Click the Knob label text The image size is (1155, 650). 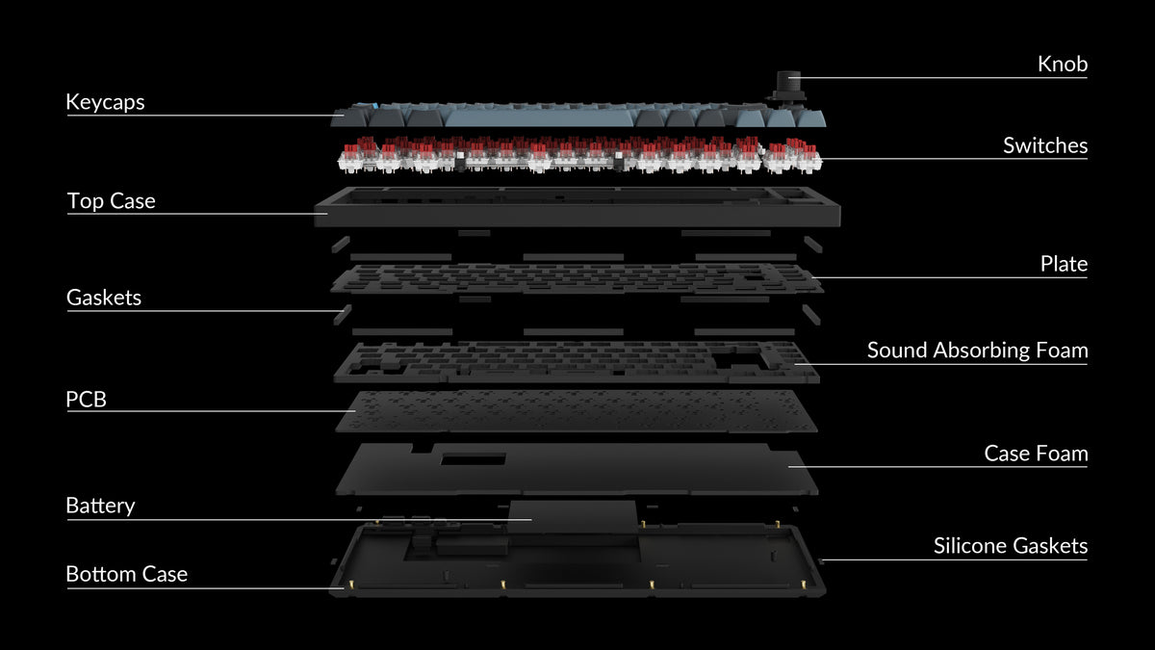pyautogui.click(x=1063, y=64)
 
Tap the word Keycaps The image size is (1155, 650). pyautogui.click(x=105, y=102)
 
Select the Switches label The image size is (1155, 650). pyautogui.click(x=1045, y=145)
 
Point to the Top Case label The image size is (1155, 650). pyautogui.click(x=112, y=200)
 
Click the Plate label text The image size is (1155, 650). pyautogui.click(x=1064, y=264)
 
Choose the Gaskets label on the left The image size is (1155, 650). pyautogui.click(x=104, y=298)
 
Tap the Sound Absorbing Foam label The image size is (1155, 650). pyautogui.click(x=978, y=351)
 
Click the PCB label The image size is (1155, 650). pyautogui.click(x=86, y=400)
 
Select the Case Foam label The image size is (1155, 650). pyautogui.click(x=1036, y=454)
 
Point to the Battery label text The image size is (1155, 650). pyautogui.click(x=100, y=506)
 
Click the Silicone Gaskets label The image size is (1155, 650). pyautogui.click(x=1011, y=546)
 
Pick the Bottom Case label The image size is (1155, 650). pyautogui.click(x=127, y=574)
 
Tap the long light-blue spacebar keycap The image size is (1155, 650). pyautogui.click(x=539, y=118)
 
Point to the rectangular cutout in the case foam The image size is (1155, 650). pyautogui.click(x=473, y=459)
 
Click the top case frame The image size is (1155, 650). pyautogui.click(x=577, y=216)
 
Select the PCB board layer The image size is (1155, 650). pyautogui.click(x=577, y=411)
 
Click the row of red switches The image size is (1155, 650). pyautogui.click(x=579, y=154)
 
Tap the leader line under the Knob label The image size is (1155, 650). pyautogui.click(x=937, y=78)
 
